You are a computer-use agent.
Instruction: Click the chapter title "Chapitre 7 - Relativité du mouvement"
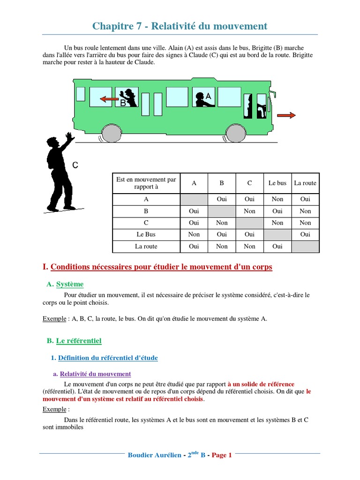tap(180, 26)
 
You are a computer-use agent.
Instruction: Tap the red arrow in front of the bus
tap(286, 115)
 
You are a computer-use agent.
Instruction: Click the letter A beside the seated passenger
tap(209, 96)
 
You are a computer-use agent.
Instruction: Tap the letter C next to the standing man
tap(75, 165)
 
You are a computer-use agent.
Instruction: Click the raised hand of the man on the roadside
tap(70, 137)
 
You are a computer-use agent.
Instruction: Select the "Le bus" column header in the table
tap(277, 183)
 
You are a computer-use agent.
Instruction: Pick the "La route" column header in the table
tap(305, 183)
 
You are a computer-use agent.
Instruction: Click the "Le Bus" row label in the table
tap(146, 234)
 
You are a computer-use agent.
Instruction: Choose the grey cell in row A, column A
tap(194, 199)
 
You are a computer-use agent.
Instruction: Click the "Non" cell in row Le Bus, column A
tap(194, 234)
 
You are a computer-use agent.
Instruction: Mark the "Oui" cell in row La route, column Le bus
tap(277, 246)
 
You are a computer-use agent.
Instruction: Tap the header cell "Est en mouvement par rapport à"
tap(146, 183)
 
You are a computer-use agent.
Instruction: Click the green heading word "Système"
tap(70, 284)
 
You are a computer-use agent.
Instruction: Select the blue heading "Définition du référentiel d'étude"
tap(108, 358)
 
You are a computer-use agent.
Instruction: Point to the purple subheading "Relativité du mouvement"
tap(96, 374)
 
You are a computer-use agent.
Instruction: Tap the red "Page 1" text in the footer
tap(222, 455)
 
